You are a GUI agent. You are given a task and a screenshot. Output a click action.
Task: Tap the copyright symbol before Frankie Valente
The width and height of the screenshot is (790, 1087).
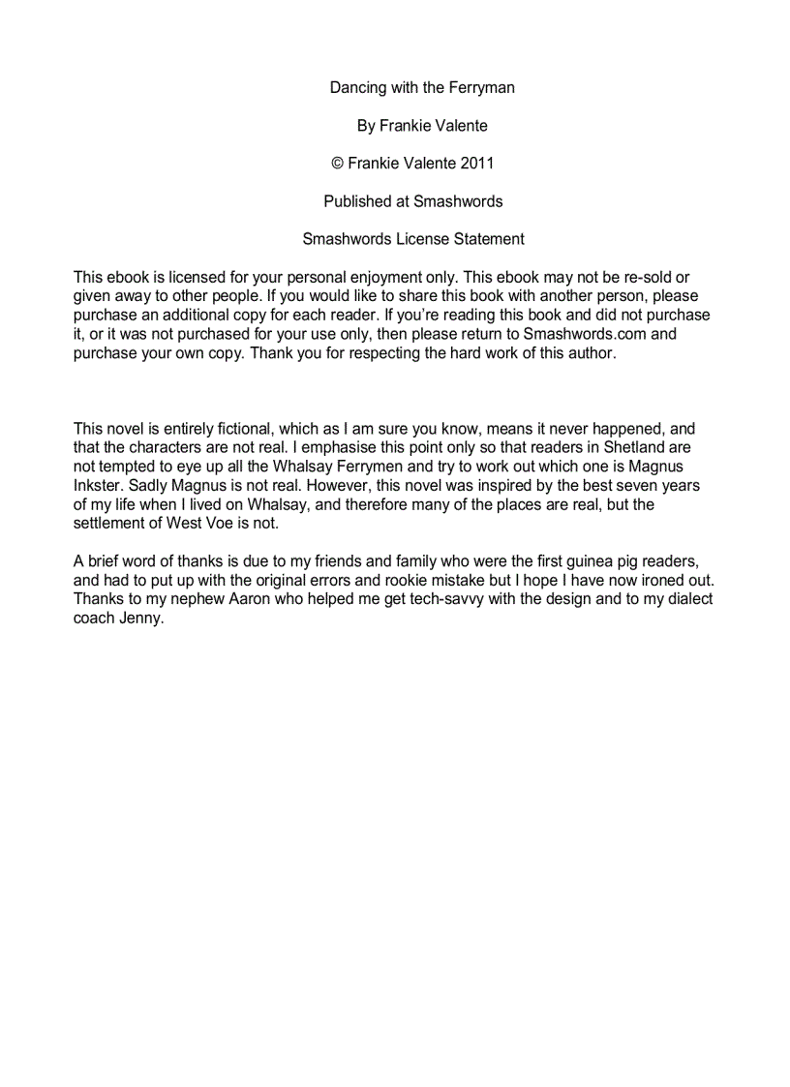pos(338,164)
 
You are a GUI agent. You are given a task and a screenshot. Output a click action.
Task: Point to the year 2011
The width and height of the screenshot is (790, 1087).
pos(477,164)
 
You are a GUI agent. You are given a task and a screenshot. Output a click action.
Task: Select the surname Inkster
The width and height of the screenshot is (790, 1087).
pos(100,485)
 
